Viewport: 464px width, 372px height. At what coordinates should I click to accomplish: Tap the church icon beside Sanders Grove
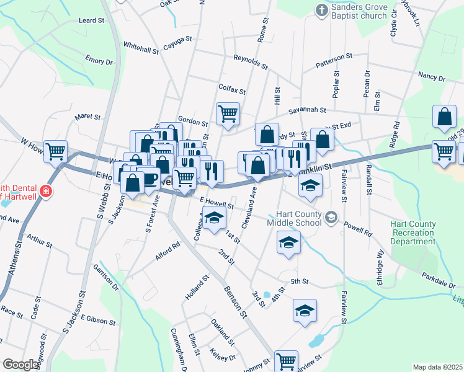point(321,10)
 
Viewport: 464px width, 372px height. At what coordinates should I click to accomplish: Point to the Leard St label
point(92,20)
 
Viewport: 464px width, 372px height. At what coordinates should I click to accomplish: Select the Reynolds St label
point(251,61)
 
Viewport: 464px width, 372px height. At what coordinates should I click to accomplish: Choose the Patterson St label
point(334,60)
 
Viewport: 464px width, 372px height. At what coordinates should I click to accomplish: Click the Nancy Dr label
point(432,76)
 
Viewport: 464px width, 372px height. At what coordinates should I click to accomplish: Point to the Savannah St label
point(310,110)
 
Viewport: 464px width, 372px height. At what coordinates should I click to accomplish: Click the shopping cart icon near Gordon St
point(228,114)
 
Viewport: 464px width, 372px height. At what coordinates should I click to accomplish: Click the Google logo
point(20,365)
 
